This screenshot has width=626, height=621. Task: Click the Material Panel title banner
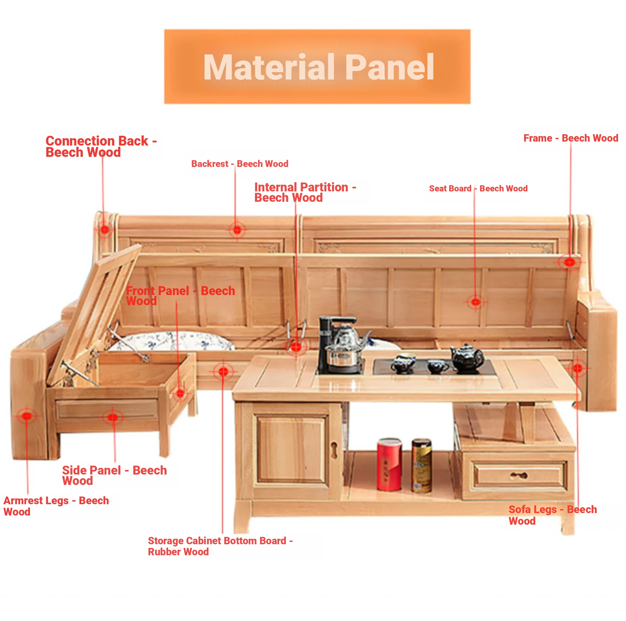pyautogui.click(x=317, y=66)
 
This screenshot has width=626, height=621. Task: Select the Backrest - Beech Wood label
pyautogui.click(x=239, y=164)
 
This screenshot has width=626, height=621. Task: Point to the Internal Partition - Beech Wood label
pyautogui.click(x=304, y=192)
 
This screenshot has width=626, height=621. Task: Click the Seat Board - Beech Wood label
pyautogui.click(x=478, y=188)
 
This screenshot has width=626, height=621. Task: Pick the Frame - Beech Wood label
pyautogui.click(x=571, y=138)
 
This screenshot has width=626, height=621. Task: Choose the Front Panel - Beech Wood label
pyautogui.click(x=180, y=295)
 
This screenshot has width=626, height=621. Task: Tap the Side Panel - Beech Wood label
pyautogui.click(x=114, y=475)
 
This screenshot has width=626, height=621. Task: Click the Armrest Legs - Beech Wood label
pyautogui.click(x=56, y=506)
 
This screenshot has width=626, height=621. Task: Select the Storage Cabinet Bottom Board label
pyautogui.click(x=220, y=546)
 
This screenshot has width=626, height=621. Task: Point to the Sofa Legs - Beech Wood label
pyautogui.click(x=552, y=515)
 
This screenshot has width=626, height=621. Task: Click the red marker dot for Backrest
pyautogui.click(x=237, y=230)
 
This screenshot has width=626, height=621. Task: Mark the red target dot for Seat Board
pyautogui.click(x=475, y=302)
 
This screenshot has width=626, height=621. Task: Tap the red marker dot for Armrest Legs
pyautogui.click(x=27, y=416)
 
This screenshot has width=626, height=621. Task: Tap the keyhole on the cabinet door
pyautogui.click(x=335, y=450)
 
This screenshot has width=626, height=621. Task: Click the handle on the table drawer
pyautogui.click(x=519, y=475)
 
